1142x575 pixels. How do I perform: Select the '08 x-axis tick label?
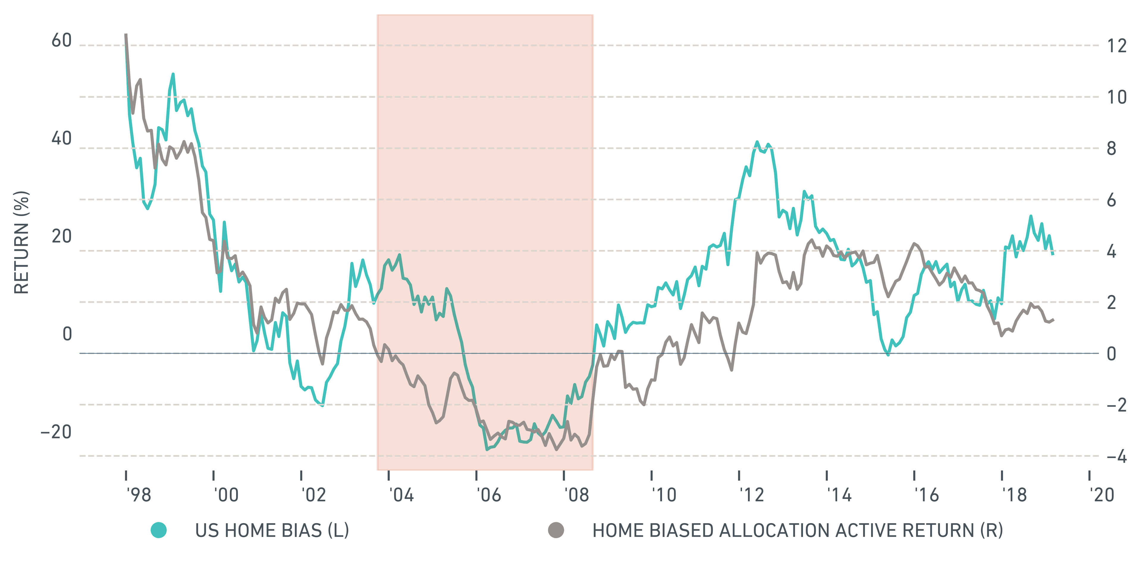point(576,495)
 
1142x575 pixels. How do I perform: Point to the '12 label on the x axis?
point(752,495)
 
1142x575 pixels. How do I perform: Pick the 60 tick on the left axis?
point(61,41)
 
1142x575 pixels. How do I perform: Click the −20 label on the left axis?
point(56,432)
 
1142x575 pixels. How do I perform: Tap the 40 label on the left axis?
point(61,139)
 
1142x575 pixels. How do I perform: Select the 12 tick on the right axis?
point(1117,46)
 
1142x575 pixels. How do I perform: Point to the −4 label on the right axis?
point(1117,456)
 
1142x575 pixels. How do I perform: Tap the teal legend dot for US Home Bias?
point(159,530)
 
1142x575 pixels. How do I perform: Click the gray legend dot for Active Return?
point(556,530)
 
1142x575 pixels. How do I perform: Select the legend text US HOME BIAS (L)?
point(272,530)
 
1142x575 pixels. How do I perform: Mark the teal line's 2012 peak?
point(757,142)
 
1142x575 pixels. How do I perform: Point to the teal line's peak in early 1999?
point(173,74)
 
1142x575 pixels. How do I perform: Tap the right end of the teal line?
point(1053,254)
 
